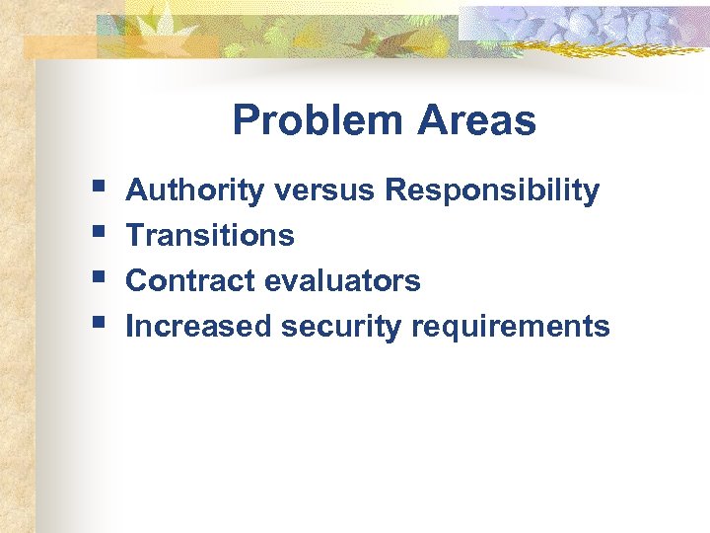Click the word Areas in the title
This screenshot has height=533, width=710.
(476, 121)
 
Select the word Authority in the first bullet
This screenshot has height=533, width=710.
(195, 190)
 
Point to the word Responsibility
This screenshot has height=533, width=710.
(491, 190)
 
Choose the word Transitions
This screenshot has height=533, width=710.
(210, 236)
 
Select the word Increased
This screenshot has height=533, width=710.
(198, 327)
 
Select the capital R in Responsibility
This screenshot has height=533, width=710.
(396, 190)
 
